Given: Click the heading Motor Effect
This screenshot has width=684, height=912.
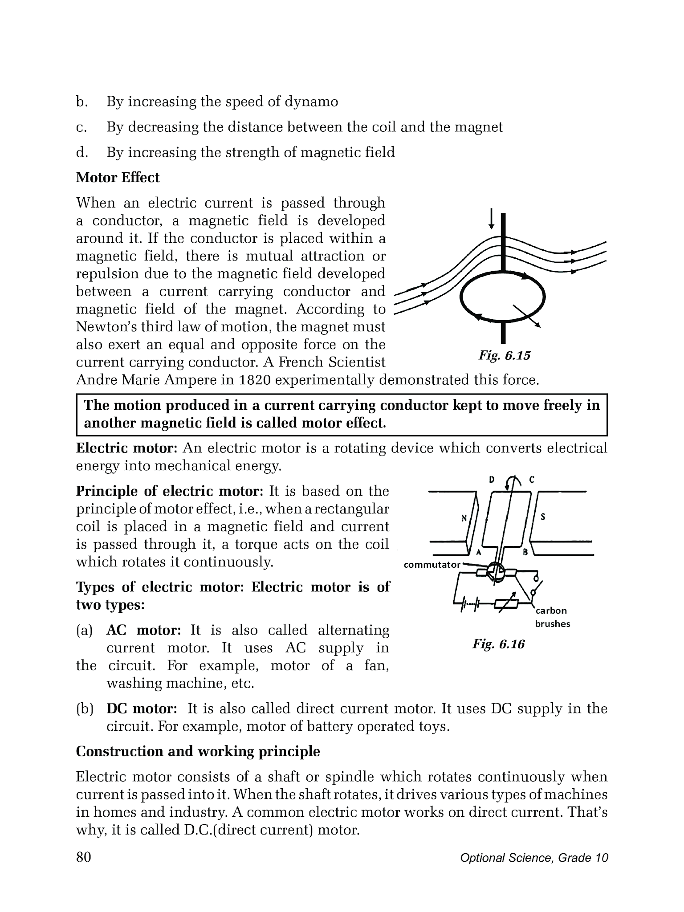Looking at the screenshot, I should [118, 178].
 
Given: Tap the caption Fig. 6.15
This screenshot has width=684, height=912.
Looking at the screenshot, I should [504, 356].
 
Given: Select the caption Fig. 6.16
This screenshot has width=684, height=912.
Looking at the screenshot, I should [498, 644].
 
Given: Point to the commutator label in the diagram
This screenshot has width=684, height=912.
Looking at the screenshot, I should [432, 565].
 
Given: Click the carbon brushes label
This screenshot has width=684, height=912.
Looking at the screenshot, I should [552, 617].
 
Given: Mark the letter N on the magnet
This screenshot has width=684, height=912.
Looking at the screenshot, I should [464, 518].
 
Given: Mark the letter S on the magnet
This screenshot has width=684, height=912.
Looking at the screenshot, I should [543, 517].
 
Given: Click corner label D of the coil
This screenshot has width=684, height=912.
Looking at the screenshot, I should [492, 480].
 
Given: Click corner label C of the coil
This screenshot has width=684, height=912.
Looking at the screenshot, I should [532, 480].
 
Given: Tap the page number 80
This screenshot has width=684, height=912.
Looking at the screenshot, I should [84, 857].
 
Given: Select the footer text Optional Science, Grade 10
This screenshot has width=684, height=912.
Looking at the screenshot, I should [534, 858].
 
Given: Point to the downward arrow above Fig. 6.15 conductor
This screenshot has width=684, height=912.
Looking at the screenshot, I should [491, 218].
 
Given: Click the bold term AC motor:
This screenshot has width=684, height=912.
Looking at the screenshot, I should [143, 630].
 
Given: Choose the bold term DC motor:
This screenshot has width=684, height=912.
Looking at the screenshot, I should [142, 708].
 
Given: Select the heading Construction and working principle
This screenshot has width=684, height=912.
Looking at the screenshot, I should [198, 752].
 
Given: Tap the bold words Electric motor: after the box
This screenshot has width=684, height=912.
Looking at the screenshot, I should [127, 448].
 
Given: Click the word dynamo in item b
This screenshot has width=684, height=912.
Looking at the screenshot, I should [311, 102].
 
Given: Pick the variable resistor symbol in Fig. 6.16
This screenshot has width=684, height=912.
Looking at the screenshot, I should [508, 603].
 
